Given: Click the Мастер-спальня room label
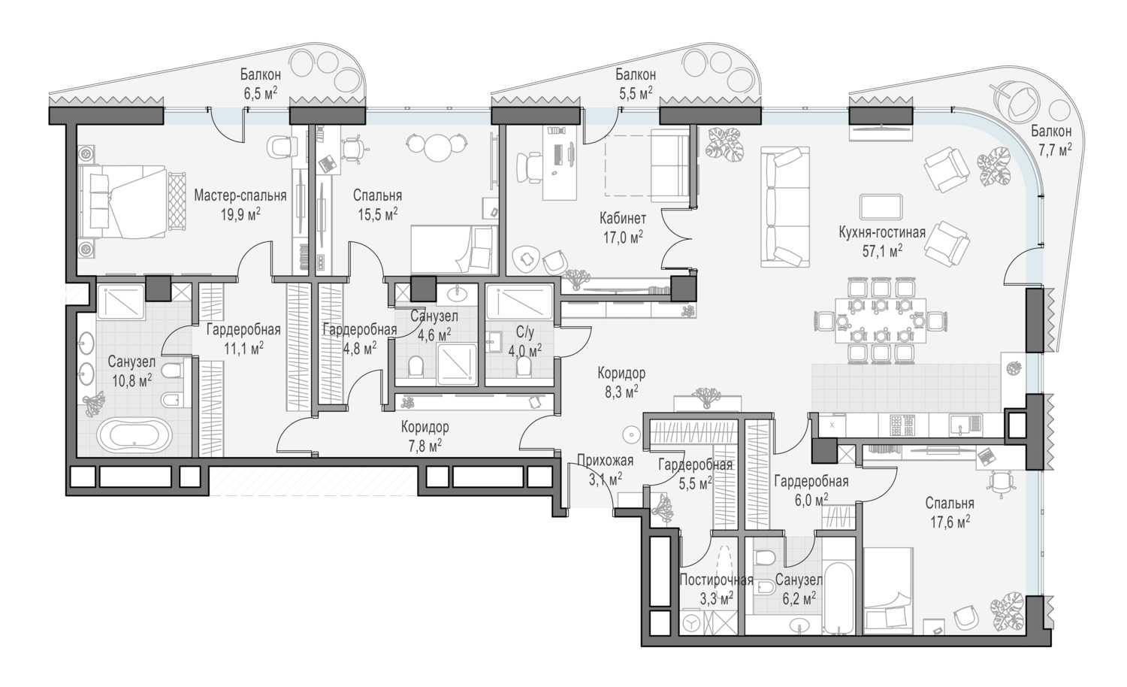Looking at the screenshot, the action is tap(240, 195).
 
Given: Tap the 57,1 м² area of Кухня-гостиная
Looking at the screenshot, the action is tap(882, 250).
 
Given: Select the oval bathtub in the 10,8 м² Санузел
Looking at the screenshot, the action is tap(134, 435).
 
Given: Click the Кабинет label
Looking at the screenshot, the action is tap(623, 219).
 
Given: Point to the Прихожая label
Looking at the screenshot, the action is tap(606, 460).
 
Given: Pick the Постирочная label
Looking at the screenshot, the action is tap(717, 580).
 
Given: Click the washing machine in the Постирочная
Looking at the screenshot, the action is tap(693, 622).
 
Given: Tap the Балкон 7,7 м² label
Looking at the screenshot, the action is tap(1051, 141).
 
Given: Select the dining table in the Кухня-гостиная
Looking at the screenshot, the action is tap(881, 321).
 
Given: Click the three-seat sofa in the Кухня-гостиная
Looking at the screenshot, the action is tap(785, 207).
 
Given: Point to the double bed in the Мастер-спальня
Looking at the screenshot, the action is tap(128, 202).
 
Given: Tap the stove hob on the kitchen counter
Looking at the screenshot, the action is tap(902, 425).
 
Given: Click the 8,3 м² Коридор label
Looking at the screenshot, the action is tap(621, 382).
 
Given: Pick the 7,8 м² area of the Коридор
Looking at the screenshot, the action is tap(425, 444).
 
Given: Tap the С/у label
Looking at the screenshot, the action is tap(524, 332).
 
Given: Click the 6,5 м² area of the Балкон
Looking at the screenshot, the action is tap(260, 93).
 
